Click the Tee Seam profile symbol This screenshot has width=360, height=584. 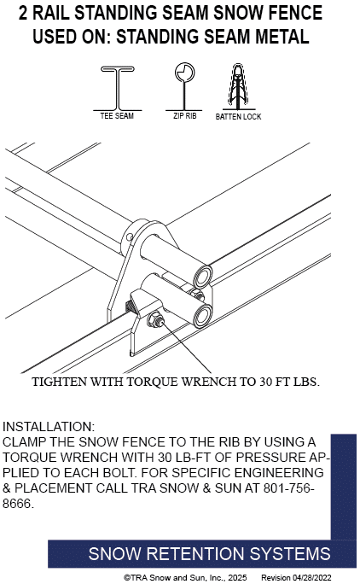pyautogui.click(x=118, y=89)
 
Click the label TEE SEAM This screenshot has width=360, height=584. pyautogui.click(x=117, y=116)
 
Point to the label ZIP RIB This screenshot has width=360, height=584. pyautogui.click(x=184, y=116)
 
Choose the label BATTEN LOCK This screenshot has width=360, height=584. pyautogui.click(x=238, y=117)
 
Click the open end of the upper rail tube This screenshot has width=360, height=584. pyautogui.click(x=203, y=276)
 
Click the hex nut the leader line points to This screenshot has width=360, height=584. pyautogui.click(x=156, y=320)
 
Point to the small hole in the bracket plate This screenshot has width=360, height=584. pyautogui.click(x=129, y=237)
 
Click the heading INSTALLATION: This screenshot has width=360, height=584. pyautogui.click(x=49, y=426)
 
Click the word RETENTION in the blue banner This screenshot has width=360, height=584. pyautogui.click(x=195, y=554)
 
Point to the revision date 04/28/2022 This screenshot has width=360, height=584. pyautogui.click(x=311, y=578)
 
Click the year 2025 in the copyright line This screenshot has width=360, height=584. pyautogui.click(x=237, y=578)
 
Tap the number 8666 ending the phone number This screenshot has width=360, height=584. pyautogui.click(x=16, y=504)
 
